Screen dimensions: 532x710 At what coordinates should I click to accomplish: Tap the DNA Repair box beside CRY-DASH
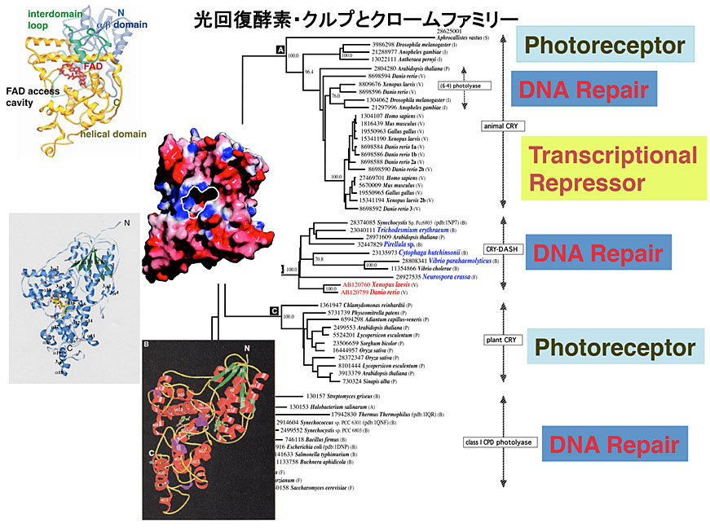click(x=598, y=253)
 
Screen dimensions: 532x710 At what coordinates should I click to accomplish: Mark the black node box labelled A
click(x=280, y=50)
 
